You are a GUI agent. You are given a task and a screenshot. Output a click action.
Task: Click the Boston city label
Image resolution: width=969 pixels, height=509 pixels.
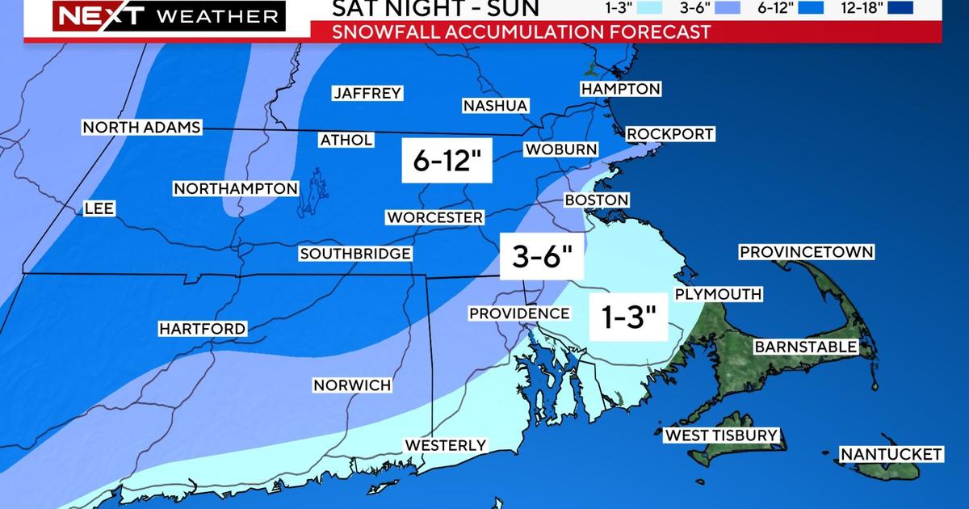click(596, 200)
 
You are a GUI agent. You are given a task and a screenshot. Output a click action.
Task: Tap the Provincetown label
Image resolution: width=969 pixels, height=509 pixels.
click(807, 252)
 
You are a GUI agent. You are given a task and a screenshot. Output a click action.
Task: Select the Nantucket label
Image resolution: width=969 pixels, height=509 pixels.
click(891, 454)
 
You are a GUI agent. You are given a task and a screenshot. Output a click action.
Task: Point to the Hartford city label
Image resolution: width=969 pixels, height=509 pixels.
click(202, 329)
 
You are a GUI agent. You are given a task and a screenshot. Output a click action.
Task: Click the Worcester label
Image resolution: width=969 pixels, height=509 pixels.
click(434, 217)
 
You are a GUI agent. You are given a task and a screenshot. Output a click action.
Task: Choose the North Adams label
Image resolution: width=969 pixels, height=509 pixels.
click(141, 128)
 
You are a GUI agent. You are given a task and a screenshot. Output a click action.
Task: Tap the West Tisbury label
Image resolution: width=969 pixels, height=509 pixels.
click(721, 435)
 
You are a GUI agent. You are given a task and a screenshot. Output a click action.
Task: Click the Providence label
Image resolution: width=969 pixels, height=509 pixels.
click(519, 313)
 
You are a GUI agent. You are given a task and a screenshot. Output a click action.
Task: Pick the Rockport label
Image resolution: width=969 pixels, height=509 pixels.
click(670, 133)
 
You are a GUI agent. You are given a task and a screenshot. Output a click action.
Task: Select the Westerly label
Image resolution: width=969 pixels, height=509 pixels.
click(446, 445)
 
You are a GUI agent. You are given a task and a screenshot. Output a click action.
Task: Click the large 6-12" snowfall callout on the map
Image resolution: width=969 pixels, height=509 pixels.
click(447, 161)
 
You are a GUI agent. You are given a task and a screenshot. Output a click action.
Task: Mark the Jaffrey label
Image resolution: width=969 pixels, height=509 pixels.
click(367, 93)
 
